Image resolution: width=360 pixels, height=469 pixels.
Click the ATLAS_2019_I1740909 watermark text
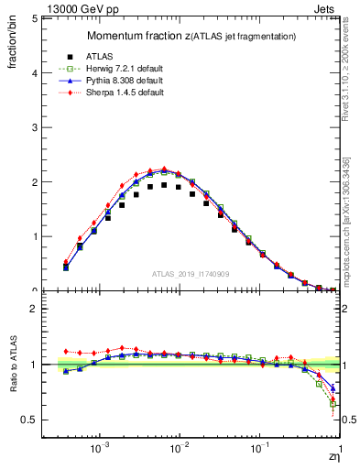[191, 274]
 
